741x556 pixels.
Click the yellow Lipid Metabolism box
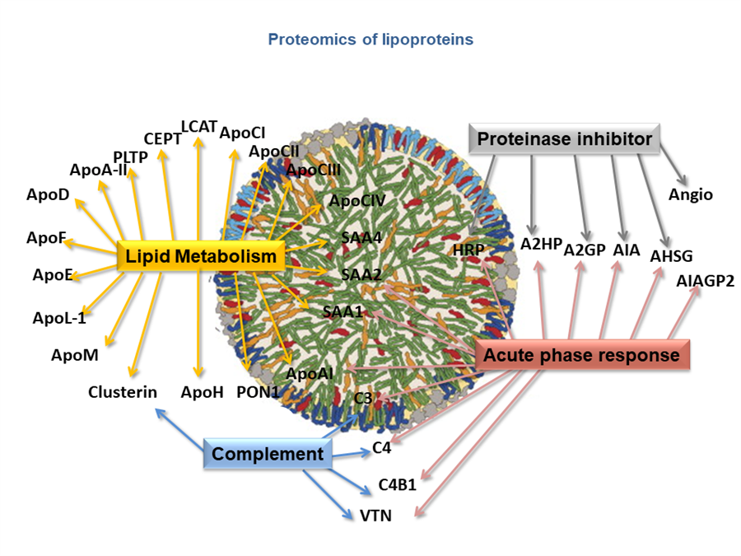201,256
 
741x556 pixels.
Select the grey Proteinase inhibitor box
564,138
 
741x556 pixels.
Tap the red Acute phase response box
581,354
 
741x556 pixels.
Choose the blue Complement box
268,453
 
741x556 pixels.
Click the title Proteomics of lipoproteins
370,40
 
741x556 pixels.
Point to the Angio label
691,194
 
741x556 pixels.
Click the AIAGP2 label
705,281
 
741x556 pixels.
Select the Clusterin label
123,392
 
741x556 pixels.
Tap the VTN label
375,516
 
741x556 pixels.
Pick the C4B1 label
398,484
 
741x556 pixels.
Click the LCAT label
199,127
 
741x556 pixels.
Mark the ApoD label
48,194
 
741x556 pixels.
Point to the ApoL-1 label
59,318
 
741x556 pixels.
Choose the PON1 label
258,392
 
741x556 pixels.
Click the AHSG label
671,256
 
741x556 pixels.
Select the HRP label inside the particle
468,250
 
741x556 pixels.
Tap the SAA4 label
361,237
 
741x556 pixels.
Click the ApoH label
203,392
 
